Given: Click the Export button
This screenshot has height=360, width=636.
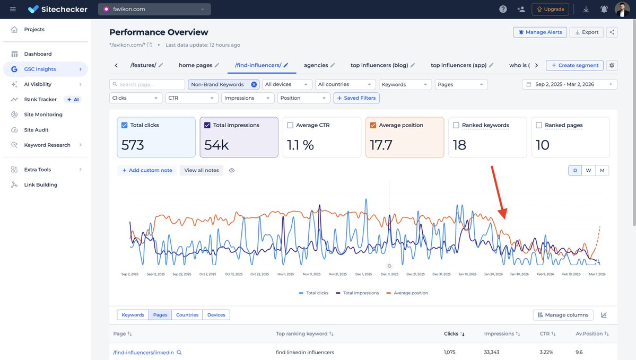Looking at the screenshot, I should pos(586,32).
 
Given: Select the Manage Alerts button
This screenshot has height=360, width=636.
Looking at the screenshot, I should pos(540,32).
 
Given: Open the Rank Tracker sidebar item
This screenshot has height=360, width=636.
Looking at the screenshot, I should pos(40,99).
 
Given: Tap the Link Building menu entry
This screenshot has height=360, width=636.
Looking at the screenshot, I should pos(40,185).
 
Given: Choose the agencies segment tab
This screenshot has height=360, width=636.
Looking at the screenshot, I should pos(316,65).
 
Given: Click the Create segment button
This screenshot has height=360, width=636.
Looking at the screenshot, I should pos(574,65).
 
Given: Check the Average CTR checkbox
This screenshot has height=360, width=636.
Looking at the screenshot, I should pos(290,126).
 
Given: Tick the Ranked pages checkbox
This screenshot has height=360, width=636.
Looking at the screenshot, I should pos(539,126).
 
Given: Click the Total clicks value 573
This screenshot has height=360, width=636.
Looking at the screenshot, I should pos(133,145).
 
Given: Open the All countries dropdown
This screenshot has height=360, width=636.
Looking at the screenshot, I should pos(345,84).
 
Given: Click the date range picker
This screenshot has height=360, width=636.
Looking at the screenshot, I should pos(569,84).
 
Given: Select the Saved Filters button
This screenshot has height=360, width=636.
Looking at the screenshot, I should pos(356,98).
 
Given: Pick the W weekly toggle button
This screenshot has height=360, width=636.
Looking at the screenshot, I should pos(588,171).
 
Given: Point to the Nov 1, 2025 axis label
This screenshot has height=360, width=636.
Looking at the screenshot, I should pos(286,275).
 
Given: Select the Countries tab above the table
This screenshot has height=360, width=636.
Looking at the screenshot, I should pos(187,315).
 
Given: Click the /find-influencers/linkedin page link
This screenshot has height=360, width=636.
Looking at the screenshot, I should pos(143,353).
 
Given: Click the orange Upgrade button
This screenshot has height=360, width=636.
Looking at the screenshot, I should pos(550,10).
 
